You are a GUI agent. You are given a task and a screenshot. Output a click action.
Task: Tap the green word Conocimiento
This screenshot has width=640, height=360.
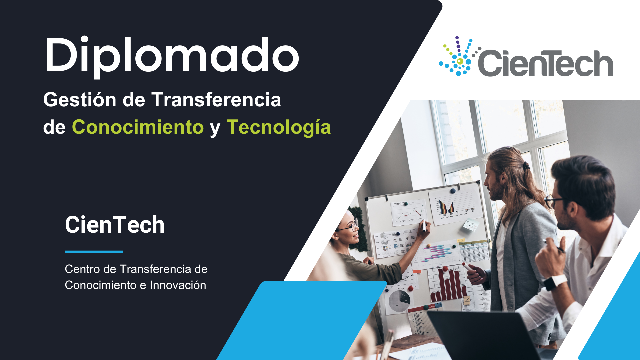(138, 127)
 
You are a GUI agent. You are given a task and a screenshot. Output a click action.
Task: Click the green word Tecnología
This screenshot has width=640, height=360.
(279, 128)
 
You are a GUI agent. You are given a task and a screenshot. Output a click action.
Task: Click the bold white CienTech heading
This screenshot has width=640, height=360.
(115, 224)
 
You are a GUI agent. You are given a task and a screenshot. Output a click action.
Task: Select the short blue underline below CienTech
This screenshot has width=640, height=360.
(94, 252)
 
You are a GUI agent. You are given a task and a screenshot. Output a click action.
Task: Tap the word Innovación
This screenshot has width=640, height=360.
(178, 285)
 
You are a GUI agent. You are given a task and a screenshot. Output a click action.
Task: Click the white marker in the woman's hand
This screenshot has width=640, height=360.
(424, 226)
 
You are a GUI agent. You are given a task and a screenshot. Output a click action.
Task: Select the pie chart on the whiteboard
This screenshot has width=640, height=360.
(399, 301)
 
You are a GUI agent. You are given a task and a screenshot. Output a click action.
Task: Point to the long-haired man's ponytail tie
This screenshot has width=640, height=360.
(526, 165)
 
